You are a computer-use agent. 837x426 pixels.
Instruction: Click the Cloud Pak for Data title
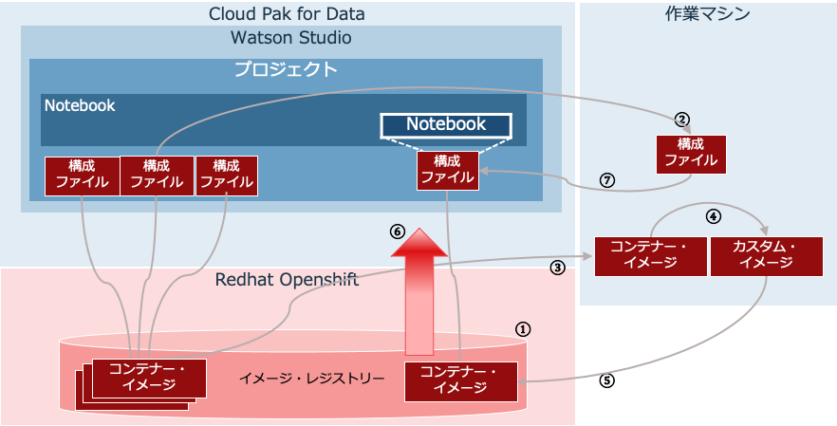pyautogui.click(x=287, y=13)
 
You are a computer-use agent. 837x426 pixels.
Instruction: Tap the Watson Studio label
pyautogui.click(x=291, y=38)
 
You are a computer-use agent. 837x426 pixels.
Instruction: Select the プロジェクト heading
pyautogui.click(x=287, y=69)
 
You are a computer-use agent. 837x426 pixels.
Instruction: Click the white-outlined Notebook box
pyautogui.click(x=446, y=124)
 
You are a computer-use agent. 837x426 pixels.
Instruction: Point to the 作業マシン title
pyautogui.click(x=707, y=14)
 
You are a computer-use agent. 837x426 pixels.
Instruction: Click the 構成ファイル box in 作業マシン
pyautogui.click(x=691, y=155)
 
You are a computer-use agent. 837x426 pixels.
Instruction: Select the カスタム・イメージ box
pyautogui.click(x=767, y=256)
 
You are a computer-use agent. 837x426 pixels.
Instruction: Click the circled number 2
pyautogui.click(x=681, y=119)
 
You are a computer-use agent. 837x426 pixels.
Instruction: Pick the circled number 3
pyautogui.click(x=557, y=268)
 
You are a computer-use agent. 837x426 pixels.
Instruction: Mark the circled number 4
pyautogui.click(x=714, y=216)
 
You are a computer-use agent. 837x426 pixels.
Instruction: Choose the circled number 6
pyautogui.click(x=399, y=232)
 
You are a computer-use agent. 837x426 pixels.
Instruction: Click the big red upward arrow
pyautogui.click(x=420, y=291)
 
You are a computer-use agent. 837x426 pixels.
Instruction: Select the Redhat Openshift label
pyautogui.click(x=288, y=279)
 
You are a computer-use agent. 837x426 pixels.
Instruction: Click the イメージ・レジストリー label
pyautogui.click(x=311, y=379)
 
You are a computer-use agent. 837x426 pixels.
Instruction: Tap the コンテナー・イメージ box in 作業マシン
pyautogui.click(x=651, y=256)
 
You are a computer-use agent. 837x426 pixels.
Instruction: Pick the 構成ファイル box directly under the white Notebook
pyautogui.click(x=448, y=170)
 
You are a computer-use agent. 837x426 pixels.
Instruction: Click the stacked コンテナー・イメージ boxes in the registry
pyautogui.click(x=141, y=384)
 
